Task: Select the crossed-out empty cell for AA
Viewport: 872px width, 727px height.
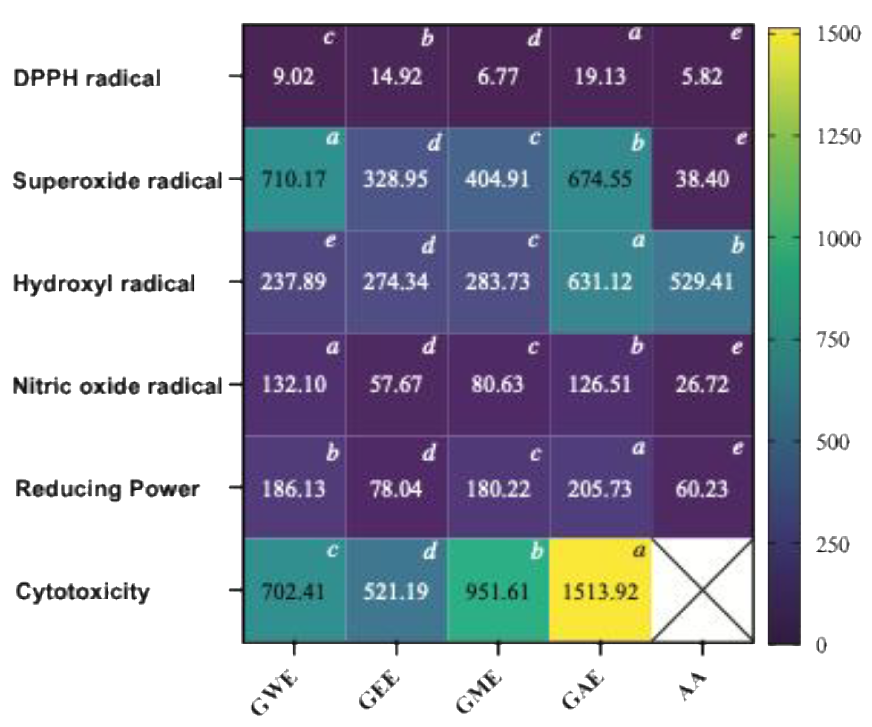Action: pyautogui.click(x=702, y=590)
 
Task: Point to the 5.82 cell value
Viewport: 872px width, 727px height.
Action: pyautogui.click(x=702, y=77)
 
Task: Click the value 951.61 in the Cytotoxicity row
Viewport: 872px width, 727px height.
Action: pyautogui.click(x=497, y=591)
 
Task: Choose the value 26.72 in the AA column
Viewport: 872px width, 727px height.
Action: pyautogui.click(x=702, y=384)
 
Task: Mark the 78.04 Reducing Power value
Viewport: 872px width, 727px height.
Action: pyautogui.click(x=396, y=489)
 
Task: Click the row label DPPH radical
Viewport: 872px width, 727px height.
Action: pyautogui.click(x=87, y=78)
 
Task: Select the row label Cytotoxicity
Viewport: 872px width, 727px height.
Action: pyautogui.click(x=83, y=591)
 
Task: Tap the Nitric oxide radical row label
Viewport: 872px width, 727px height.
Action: pyautogui.click(x=117, y=386)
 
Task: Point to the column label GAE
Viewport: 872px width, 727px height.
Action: pyautogui.click(x=583, y=689)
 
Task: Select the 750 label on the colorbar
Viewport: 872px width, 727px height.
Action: pyautogui.click(x=833, y=340)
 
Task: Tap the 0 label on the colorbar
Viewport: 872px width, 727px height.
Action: pyautogui.click(x=821, y=645)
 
